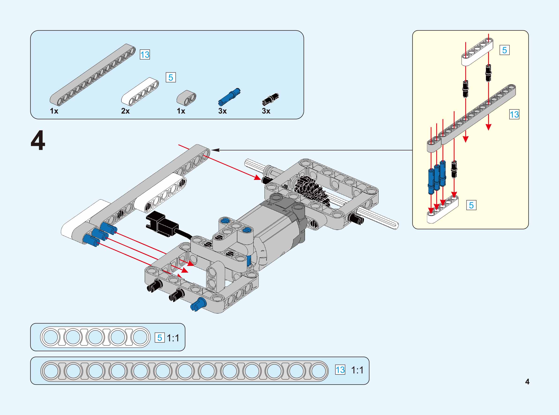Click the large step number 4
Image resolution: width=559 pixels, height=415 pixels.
tap(38, 141)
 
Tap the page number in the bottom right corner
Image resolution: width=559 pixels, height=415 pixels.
tap(527, 382)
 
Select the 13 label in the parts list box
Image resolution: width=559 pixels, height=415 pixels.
tap(145, 55)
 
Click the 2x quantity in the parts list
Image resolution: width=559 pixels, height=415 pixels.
tap(125, 111)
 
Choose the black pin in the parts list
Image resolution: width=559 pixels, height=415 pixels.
tap(270, 99)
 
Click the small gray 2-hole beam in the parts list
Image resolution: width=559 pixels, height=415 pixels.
tap(186, 97)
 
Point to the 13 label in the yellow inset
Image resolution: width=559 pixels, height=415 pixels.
tap(514, 115)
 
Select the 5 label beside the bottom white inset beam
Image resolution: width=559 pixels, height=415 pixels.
tap(471, 205)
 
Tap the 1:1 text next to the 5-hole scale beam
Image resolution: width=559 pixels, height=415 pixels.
tap(173, 338)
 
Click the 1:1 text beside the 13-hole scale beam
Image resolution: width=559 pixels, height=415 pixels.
tap(357, 370)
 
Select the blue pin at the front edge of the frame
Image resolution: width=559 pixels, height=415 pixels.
tap(198, 304)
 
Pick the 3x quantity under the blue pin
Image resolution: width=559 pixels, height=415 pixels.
tap(223, 111)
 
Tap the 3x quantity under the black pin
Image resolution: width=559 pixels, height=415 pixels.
tap(266, 111)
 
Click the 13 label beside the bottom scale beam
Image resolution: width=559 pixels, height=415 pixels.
tap(340, 370)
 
